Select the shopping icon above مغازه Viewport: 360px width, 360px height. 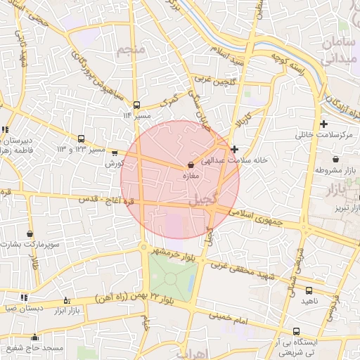pyautogui.click(x=191, y=165)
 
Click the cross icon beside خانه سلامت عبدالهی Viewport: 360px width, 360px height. pyautogui.click(x=234, y=149)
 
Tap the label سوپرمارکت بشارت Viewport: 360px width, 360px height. pyautogui.click(x=30, y=245)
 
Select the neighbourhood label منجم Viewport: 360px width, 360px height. pyautogui.click(x=133, y=50)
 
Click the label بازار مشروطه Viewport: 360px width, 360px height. pyautogui.click(x=335, y=169)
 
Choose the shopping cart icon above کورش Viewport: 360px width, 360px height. pyautogui.click(x=115, y=153)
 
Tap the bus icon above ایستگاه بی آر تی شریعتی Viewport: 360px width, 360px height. pyautogui.click(x=296, y=330)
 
